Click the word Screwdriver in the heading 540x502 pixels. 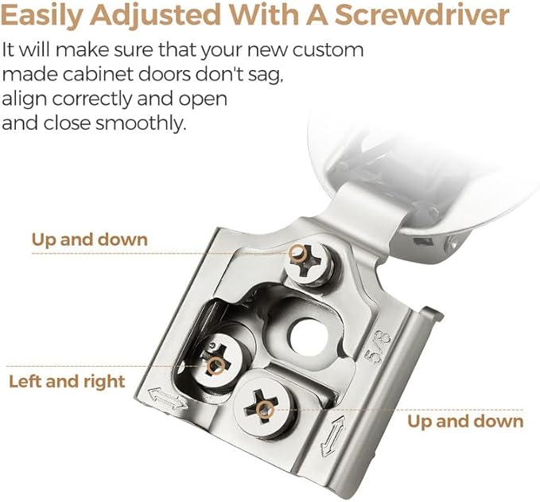coord(422,15)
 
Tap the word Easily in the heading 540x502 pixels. coord(42,16)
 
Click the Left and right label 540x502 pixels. coord(67,382)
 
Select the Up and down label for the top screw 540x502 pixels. coord(90,239)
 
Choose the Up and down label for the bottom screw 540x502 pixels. coord(465,422)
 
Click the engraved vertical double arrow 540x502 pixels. coord(332,437)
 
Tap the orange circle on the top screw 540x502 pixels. coord(298,254)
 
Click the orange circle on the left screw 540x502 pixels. coord(216,365)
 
